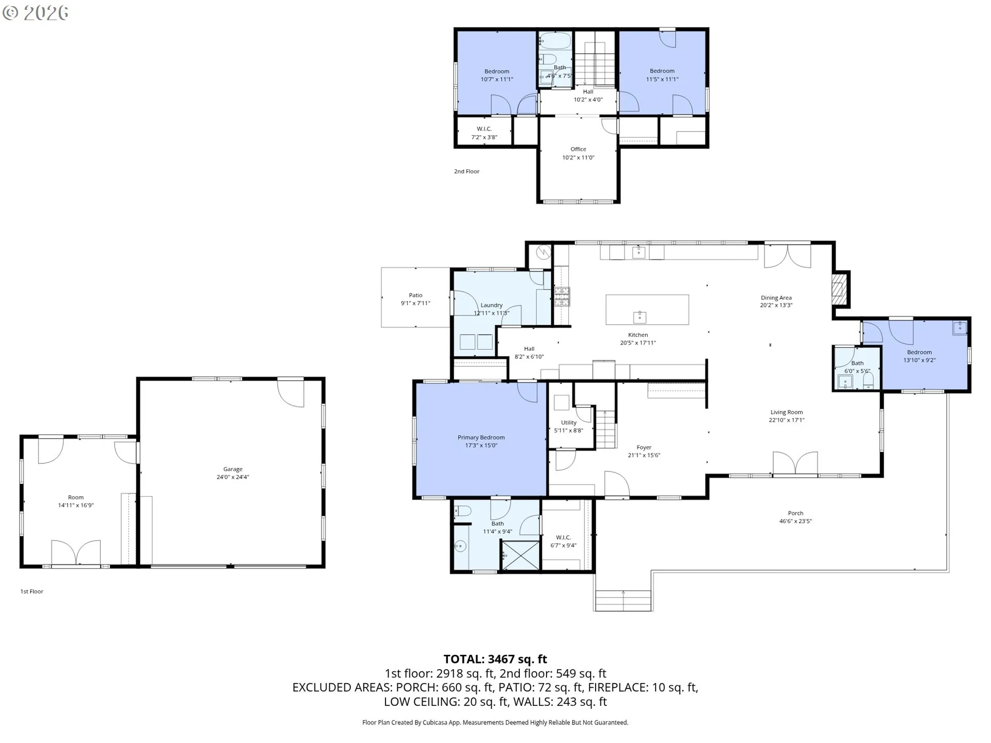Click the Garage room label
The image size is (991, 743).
point(233,469)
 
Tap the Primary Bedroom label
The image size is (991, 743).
point(481,438)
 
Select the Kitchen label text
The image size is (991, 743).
point(638,335)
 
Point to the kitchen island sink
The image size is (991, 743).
point(640,316)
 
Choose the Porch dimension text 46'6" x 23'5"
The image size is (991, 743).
point(795,521)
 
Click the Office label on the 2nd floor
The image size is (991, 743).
point(578,149)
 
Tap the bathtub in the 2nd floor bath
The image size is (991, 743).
point(555,41)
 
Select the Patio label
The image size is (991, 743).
point(415,295)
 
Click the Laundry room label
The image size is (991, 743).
point(491,305)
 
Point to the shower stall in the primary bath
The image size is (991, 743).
point(520,555)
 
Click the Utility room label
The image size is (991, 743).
point(569,423)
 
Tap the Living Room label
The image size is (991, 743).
point(787,412)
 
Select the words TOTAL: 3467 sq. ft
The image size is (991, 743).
point(495,659)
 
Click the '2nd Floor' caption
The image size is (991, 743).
point(467,171)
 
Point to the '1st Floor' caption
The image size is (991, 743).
point(31,591)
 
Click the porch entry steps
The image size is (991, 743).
point(623,601)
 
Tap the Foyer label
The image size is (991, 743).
point(644,447)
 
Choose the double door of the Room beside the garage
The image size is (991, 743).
point(76,553)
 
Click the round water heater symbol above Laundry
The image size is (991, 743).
point(543,252)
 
